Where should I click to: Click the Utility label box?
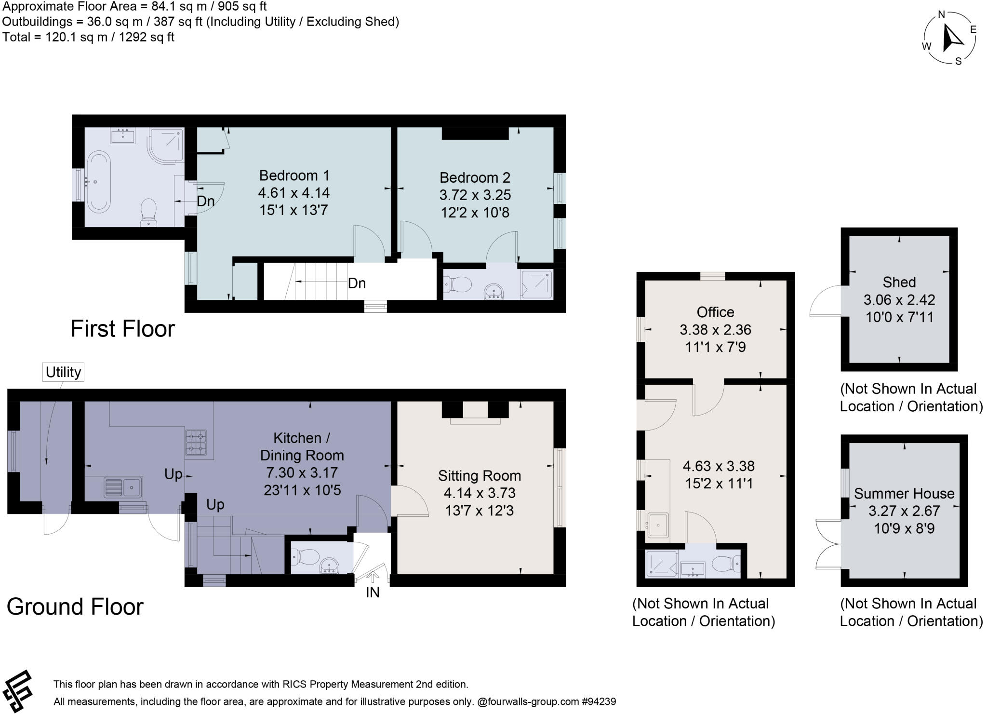click(x=63, y=372)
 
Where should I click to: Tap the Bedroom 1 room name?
click(x=293, y=175)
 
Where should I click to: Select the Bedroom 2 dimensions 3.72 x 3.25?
click(x=475, y=195)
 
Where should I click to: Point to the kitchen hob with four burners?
click(x=196, y=443)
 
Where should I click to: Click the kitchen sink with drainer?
click(x=123, y=487)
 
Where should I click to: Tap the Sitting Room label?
click(x=479, y=476)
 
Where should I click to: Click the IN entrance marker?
click(x=373, y=592)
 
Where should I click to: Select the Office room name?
click(x=715, y=312)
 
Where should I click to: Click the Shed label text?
click(x=899, y=282)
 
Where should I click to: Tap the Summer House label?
click(x=904, y=493)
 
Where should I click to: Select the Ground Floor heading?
click(x=75, y=606)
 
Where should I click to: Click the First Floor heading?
click(x=122, y=329)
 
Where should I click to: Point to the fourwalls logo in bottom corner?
click(x=17, y=691)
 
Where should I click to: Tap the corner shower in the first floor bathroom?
click(x=167, y=144)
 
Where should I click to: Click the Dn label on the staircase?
click(x=356, y=283)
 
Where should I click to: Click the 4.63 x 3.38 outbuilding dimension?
click(x=719, y=466)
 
